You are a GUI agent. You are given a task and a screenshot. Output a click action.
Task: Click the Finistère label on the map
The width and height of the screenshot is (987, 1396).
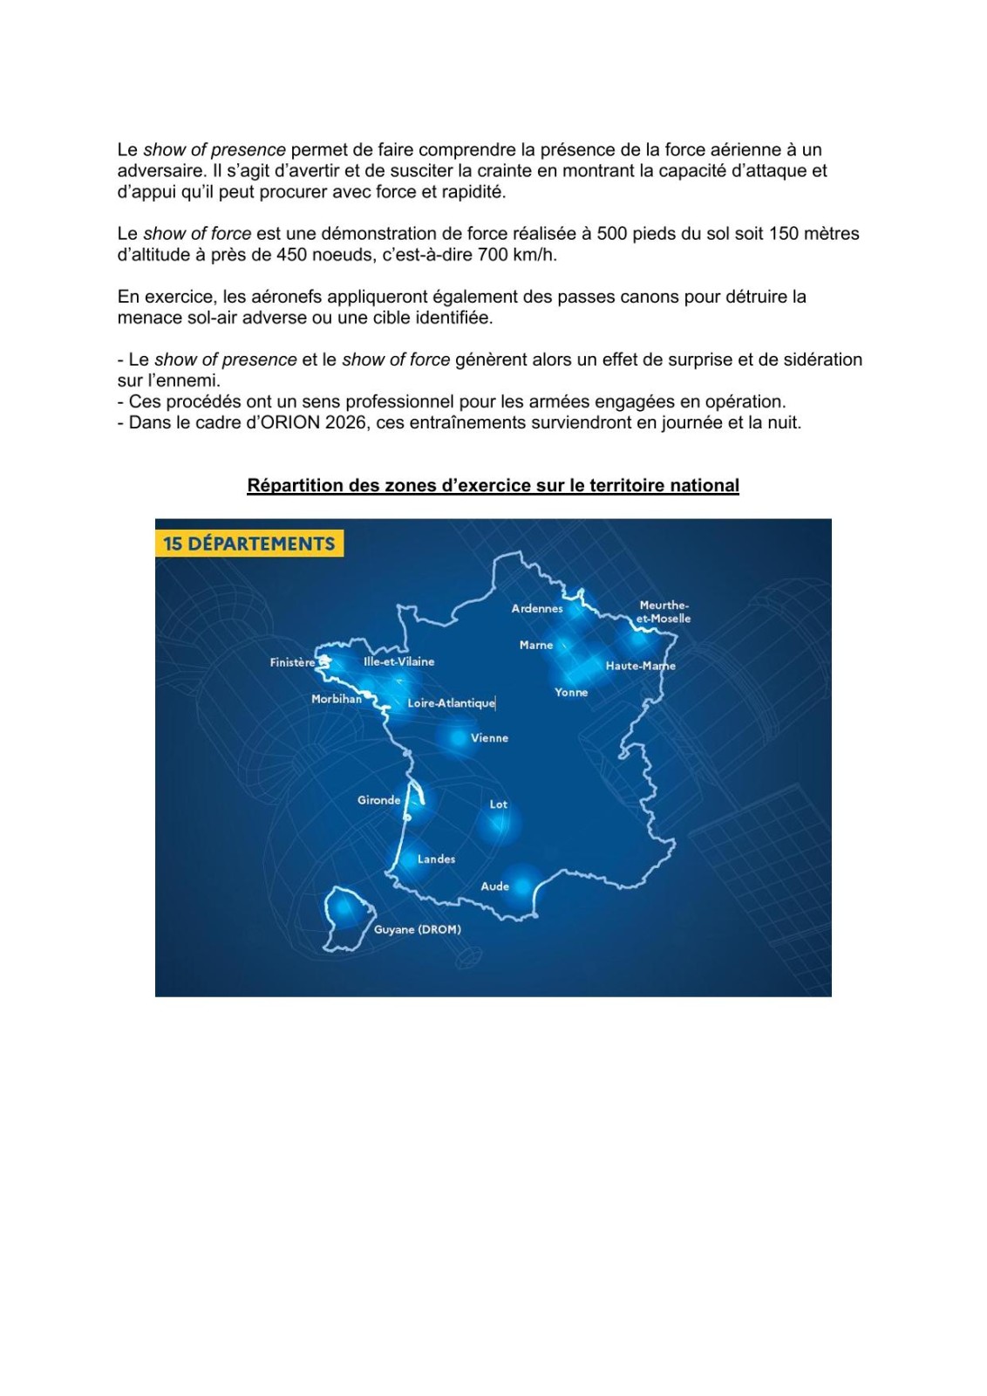pyautogui.click(x=292, y=662)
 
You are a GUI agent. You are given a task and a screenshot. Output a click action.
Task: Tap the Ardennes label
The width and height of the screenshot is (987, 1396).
pyautogui.click(x=537, y=608)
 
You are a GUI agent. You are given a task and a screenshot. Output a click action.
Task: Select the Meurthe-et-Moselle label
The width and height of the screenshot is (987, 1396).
pyautogui.click(x=664, y=612)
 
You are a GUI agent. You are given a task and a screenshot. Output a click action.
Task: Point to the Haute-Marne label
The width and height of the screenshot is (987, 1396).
pyautogui.click(x=640, y=666)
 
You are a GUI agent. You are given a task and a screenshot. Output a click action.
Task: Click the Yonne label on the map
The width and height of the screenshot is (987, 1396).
pyautogui.click(x=571, y=692)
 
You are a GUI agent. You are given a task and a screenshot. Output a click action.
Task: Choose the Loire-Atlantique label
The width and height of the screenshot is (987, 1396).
pyautogui.click(x=451, y=702)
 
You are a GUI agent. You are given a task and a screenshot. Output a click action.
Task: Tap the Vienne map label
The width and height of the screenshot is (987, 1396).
pyautogui.click(x=489, y=738)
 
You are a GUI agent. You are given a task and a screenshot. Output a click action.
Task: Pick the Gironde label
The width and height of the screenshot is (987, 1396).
pyautogui.click(x=379, y=800)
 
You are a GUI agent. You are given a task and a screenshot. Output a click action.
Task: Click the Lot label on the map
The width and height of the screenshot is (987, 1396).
pyautogui.click(x=498, y=804)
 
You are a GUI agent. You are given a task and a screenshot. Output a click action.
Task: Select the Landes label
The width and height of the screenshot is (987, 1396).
pyautogui.click(x=436, y=859)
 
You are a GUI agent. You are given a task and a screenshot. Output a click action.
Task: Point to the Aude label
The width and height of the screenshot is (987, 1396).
pyautogui.click(x=494, y=886)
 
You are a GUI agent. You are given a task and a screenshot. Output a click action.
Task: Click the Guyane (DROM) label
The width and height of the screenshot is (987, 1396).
pyautogui.click(x=418, y=929)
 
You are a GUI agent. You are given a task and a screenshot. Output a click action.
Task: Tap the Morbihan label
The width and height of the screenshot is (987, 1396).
pyautogui.click(x=337, y=699)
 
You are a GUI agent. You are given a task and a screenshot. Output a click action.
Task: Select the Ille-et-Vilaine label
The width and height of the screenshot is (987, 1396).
pyautogui.click(x=398, y=661)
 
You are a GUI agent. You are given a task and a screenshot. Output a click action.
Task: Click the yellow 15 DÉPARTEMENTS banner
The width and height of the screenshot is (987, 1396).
pyautogui.click(x=249, y=544)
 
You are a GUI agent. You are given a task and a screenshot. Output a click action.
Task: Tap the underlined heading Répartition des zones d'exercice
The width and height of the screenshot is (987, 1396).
pyautogui.click(x=493, y=485)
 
